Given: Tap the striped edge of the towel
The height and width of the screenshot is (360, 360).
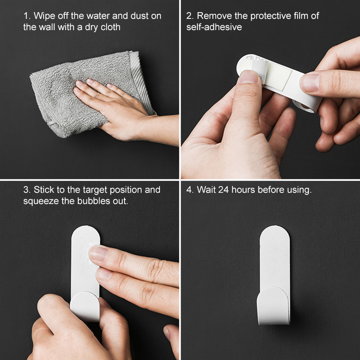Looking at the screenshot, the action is point(141,81).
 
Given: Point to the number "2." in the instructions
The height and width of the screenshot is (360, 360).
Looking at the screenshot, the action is point(190,16).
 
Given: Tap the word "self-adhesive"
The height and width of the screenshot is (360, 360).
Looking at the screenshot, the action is point(214,27).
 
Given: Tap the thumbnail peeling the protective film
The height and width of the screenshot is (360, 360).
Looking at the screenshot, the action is point(248,76).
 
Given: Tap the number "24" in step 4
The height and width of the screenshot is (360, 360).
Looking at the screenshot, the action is point(223,190).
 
